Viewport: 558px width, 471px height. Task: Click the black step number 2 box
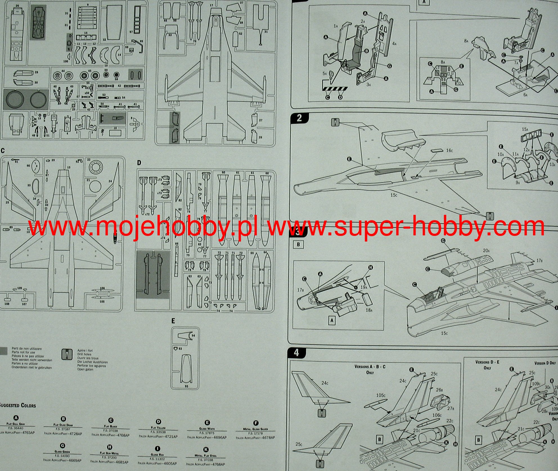pos(299,118)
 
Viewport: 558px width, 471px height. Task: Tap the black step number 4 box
pos(297,353)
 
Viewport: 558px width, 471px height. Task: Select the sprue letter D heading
pos(139,163)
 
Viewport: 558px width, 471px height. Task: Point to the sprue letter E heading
pos(173,321)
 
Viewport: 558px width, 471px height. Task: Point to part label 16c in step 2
pos(449,150)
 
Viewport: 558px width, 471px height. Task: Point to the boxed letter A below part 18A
pos(332,320)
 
